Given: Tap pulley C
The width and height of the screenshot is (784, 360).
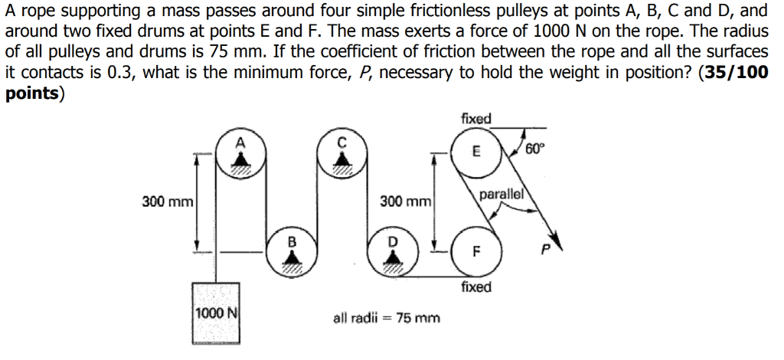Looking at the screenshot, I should tap(342, 157).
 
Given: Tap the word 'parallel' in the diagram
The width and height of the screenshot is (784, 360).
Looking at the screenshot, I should tap(501, 195).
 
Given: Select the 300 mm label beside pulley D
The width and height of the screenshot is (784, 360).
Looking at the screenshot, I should tap(406, 202).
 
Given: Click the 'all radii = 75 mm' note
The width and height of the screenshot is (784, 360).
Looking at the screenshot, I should tap(387, 316).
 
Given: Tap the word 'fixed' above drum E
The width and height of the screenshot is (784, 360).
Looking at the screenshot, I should tap(476, 119).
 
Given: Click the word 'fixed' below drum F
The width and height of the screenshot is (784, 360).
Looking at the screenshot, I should tap(476, 287).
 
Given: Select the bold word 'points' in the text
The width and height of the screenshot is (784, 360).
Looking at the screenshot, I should tap(31, 93).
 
